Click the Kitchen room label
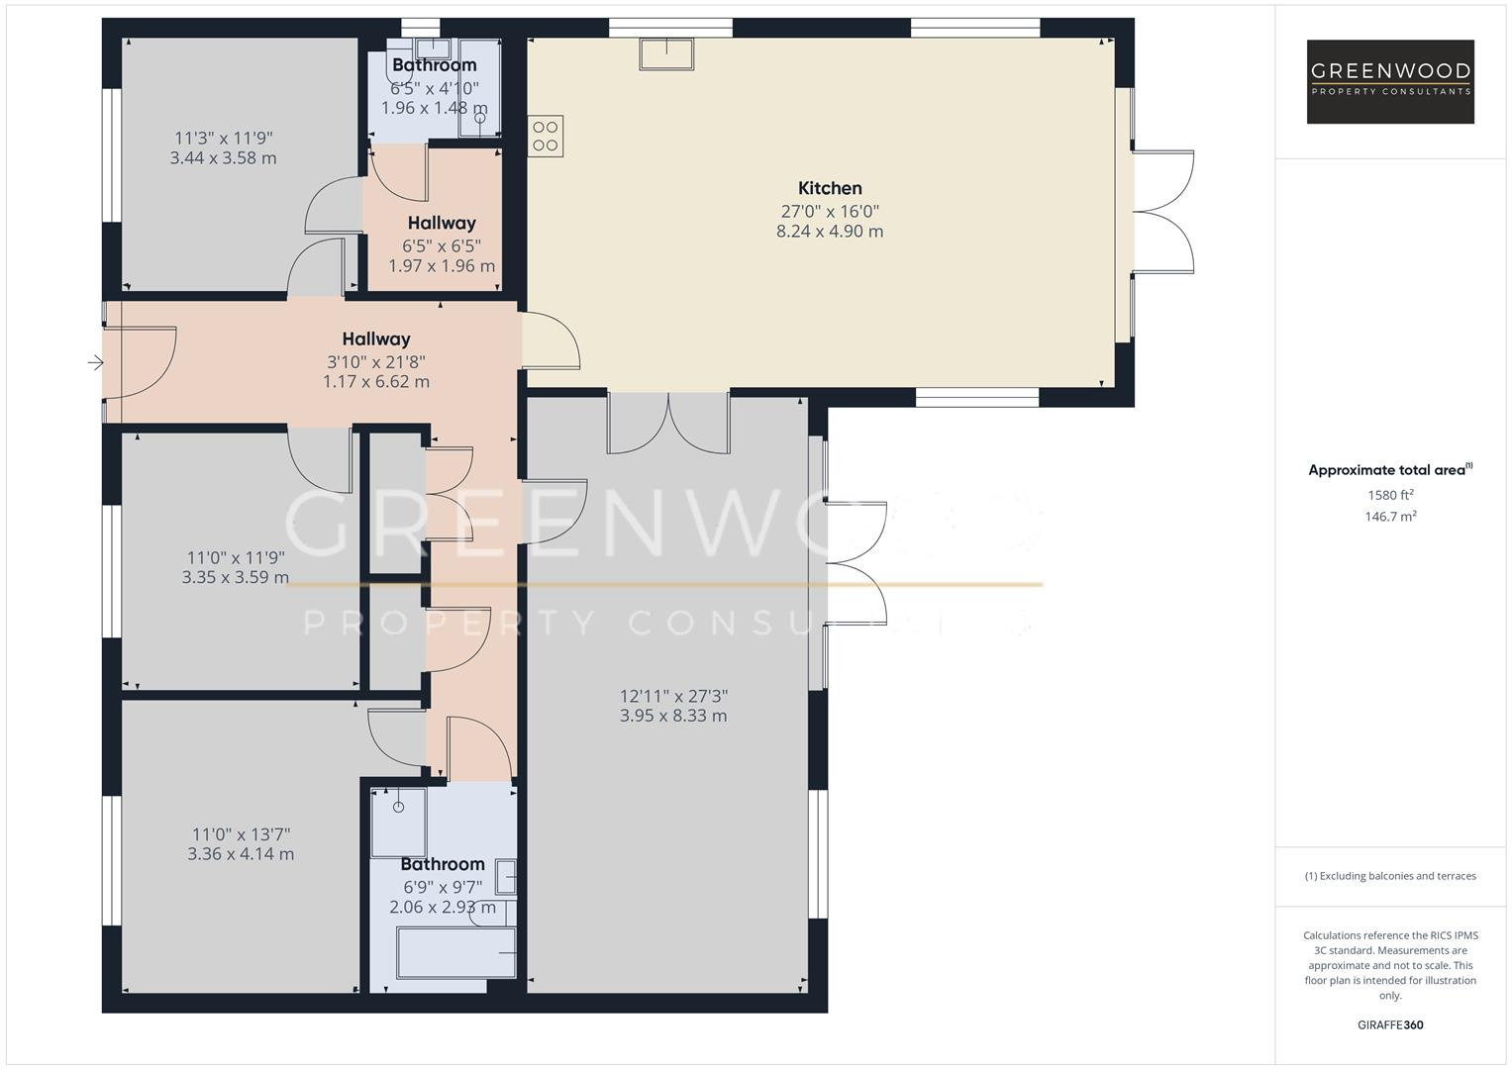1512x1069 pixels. tap(830, 188)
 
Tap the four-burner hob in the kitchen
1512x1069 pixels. tap(546, 136)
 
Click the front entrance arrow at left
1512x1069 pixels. tap(95, 363)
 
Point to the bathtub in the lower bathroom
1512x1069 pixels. tap(456, 953)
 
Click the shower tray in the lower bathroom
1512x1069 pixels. tap(398, 822)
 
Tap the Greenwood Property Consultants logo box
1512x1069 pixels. tap(1390, 81)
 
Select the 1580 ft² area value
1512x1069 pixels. tap(1390, 495)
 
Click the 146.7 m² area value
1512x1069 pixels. tap(1390, 517)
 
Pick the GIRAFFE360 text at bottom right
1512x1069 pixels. tap(1390, 1025)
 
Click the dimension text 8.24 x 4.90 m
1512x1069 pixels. tap(830, 232)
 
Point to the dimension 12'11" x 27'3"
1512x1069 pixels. tap(673, 696)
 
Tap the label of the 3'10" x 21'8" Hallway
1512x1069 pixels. tap(376, 340)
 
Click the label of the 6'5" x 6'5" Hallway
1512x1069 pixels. tap(442, 224)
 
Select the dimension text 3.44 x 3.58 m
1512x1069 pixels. tap(224, 158)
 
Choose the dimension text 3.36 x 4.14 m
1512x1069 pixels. tap(241, 854)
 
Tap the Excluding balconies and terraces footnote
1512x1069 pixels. tap(1390, 876)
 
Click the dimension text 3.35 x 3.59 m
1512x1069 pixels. tap(236, 578)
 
